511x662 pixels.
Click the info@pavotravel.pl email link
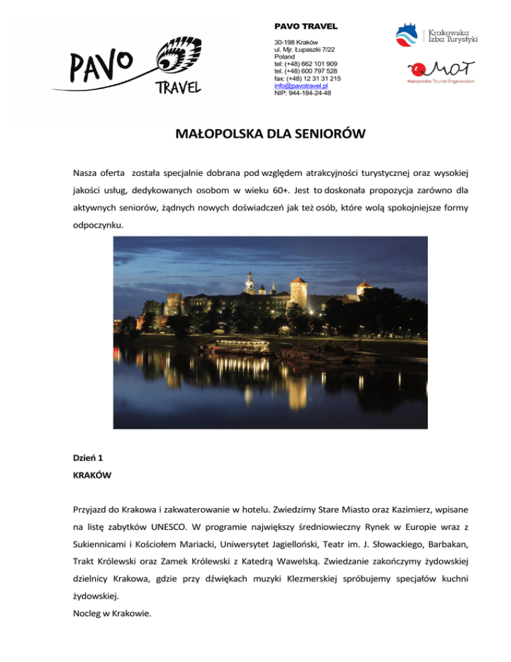coord(301,86)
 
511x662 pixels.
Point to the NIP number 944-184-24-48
coord(303,93)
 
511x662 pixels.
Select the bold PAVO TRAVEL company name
coord(306,26)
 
